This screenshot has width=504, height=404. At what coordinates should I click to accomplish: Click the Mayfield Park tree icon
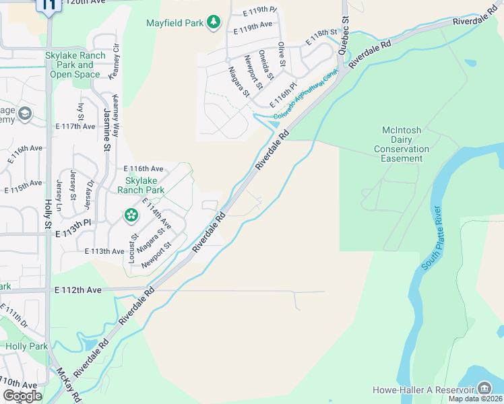(x=214, y=23)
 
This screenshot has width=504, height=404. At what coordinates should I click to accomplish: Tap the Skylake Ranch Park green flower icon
(x=131, y=215)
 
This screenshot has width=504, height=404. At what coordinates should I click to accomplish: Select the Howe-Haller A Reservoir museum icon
(x=484, y=388)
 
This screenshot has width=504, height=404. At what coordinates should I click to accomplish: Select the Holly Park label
(x=27, y=346)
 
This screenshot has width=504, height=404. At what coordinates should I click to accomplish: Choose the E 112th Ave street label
(x=77, y=290)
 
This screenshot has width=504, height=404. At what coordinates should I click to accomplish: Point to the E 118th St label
(x=321, y=36)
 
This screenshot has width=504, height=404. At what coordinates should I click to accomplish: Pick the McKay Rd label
(x=69, y=384)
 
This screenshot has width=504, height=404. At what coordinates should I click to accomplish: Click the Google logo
(x=22, y=396)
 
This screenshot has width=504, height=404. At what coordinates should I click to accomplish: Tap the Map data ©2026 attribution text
(x=475, y=399)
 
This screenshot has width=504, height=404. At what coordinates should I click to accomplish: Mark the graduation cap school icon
(x=26, y=112)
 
